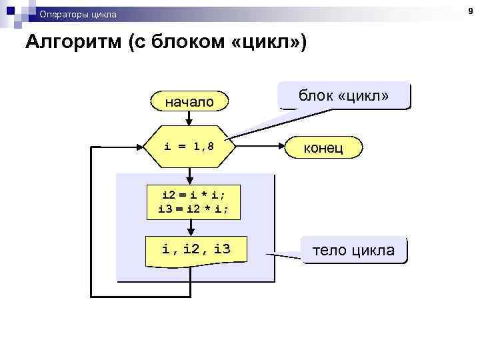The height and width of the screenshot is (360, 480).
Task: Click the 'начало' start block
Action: point(189,101)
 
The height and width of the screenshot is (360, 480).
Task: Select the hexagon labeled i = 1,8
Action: point(189,145)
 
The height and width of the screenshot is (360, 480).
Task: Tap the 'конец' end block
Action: point(323,147)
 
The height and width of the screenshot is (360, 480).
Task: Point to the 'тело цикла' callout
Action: point(354,251)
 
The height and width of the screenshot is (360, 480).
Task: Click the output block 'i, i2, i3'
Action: point(196,251)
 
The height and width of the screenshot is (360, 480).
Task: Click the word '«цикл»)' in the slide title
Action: point(274,43)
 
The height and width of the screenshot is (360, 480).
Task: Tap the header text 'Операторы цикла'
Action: point(77,14)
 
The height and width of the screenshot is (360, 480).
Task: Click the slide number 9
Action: point(470,11)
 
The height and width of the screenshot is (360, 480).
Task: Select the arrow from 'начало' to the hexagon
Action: point(189,117)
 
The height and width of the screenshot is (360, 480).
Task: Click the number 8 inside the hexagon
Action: point(211,145)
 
